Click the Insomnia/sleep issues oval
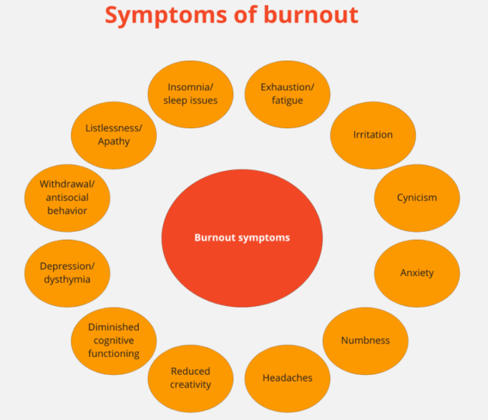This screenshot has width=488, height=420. [x=190, y=93]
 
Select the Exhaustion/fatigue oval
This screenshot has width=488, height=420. [x=288, y=93]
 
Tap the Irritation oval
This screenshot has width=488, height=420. [x=373, y=134]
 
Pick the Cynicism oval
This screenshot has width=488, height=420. [x=417, y=198]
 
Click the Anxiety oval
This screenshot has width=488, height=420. [x=417, y=273]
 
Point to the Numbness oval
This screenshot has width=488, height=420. [x=366, y=340]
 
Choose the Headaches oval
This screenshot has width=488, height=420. [x=288, y=377]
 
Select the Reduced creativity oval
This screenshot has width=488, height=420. [x=190, y=377]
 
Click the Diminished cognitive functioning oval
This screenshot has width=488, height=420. [x=113, y=340]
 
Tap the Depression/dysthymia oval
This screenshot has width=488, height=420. [x=66, y=273]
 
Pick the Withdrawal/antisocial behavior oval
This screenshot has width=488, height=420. [x=66, y=198]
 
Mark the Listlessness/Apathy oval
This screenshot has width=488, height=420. [x=113, y=134]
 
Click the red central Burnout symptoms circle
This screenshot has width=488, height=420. [x=242, y=238]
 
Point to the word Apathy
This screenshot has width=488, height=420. [x=113, y=141]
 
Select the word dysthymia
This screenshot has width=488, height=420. [x=66, y=280]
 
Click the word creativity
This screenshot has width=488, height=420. [x=190, y=385]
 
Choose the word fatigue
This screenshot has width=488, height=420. [x=288, y=100]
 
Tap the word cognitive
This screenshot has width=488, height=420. [x=113, y=340]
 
